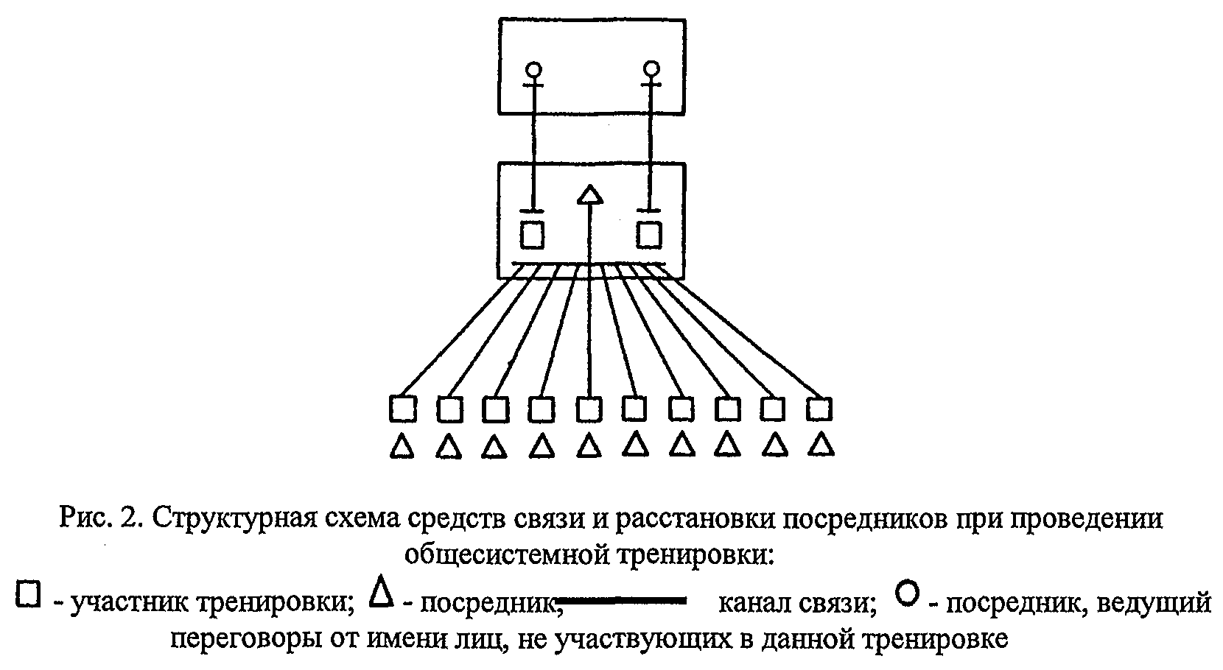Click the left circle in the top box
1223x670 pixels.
pos(533,71)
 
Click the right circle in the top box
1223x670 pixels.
pos(651,70)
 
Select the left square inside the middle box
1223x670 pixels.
pos(532,235)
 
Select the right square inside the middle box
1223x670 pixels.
pos(649,235)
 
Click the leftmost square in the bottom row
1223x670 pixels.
pos(403,408)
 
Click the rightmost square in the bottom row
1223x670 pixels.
pos(819,408)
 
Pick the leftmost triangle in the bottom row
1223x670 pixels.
pos(402,446)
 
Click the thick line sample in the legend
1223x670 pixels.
pos(622,602)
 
